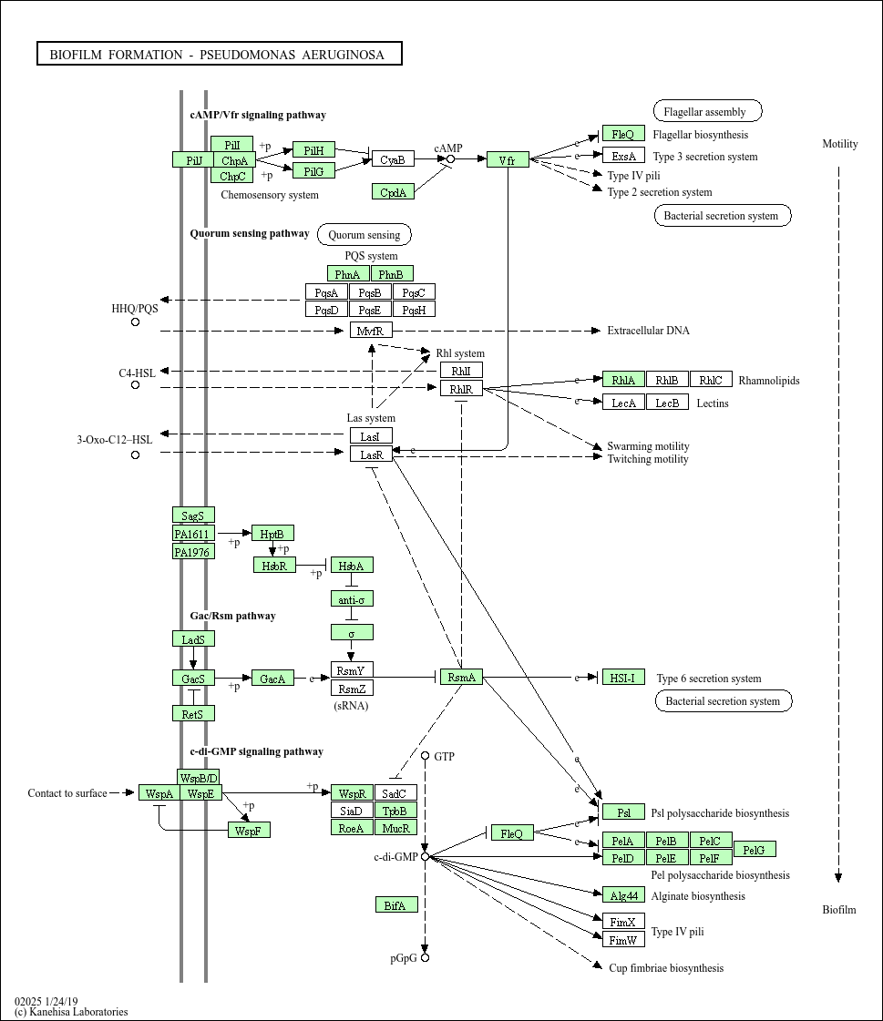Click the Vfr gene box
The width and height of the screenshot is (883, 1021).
tap(508, 160)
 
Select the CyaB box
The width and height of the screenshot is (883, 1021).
tap(393, 159)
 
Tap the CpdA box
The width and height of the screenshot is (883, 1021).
tap(393, 191)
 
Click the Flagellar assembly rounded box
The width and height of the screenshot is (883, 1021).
tap(707, 112)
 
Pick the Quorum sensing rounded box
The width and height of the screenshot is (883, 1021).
tap(364, 235)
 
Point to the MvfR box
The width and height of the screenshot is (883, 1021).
tap(371, 331)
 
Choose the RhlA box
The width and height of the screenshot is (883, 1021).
tap(623, 380)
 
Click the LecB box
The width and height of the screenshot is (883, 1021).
tap(667, 403)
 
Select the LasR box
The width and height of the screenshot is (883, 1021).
tap(371, 454)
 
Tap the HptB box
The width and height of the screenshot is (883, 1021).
tap(272, 534)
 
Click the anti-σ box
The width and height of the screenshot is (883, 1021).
tap(352, 599)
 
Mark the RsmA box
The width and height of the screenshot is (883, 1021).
tap(461, 677)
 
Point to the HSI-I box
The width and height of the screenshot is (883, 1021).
tap(623, 678)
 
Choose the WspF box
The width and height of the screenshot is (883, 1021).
tap(249, 831)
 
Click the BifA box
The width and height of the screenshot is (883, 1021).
tap(396, 904)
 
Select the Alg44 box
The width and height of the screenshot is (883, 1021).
tap(623, 895)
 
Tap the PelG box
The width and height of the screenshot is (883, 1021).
tap(755, 850)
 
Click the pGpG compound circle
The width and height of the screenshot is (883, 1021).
tap(425, 958)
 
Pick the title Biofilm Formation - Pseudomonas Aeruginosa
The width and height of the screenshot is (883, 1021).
tap(219, 55)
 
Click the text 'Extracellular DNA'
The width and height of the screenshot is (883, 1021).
tap(648, 331)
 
